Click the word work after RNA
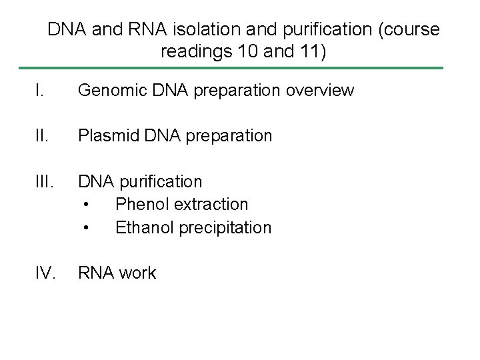point(135,273)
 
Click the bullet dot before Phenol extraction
point(86,205)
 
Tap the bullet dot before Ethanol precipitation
point(86,228)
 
